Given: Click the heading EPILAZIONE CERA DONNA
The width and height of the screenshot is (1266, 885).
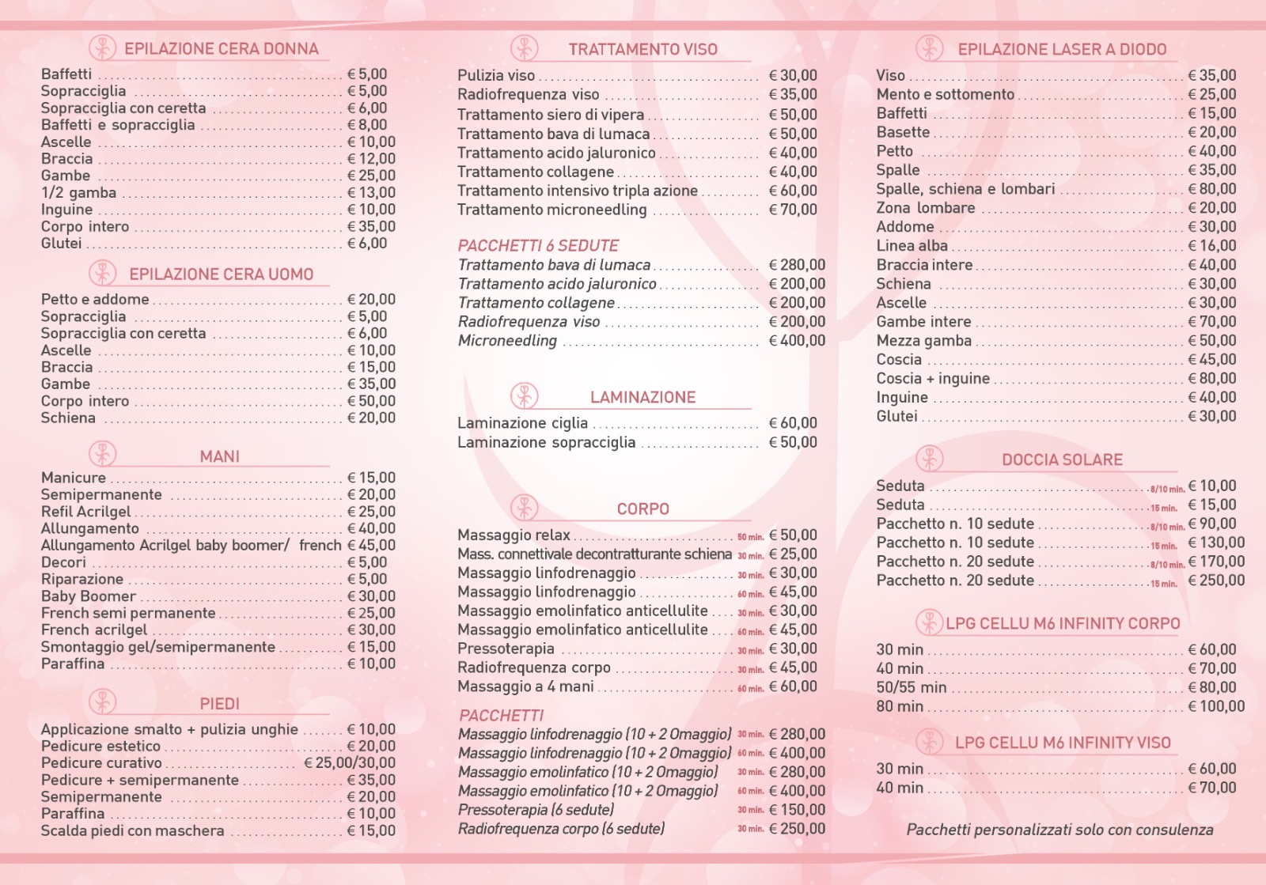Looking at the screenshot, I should (221, 49).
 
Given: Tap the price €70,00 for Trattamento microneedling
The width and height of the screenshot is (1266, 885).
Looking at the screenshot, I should (793, 210).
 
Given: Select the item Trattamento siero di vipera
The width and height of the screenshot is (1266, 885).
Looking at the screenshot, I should (551, 115).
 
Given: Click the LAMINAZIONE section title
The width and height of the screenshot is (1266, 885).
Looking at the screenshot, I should (642, 397).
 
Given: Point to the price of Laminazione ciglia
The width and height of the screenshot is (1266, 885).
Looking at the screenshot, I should (793, 423).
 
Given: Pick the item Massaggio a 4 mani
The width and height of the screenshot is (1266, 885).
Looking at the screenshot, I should (525, 686).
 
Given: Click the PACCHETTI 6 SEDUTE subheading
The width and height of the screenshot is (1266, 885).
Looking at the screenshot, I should (538, 246).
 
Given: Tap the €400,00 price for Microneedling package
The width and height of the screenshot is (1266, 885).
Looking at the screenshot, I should (797, 341).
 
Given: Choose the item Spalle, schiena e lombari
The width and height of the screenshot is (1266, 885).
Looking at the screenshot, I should (965, 189).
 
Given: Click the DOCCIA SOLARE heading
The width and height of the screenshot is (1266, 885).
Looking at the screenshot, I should (1062, 460).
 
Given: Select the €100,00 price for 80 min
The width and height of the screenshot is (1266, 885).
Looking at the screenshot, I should (1216, 706).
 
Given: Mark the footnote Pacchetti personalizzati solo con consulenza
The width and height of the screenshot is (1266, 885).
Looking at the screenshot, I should (1059, 830).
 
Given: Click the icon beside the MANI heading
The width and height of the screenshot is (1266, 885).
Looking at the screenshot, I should (102, 455).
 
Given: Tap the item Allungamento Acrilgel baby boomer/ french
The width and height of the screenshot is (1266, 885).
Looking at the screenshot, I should (191, 545).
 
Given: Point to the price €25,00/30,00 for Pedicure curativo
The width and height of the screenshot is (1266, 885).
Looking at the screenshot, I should (350, 763).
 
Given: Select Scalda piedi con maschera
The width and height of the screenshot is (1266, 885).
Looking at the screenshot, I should (132, 831).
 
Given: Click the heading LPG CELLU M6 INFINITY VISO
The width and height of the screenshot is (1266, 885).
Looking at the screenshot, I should (1062, 743).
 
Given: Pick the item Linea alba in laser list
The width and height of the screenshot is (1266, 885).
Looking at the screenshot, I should (912, 246).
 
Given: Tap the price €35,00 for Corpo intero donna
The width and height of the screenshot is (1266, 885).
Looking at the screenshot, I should (371, 227).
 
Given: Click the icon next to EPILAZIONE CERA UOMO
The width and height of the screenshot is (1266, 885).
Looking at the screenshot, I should (102, 274).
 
